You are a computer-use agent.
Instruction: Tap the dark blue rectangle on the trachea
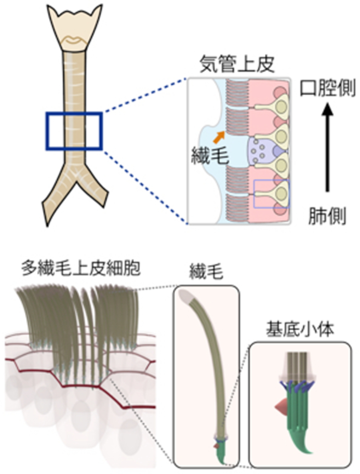tap(74, 131)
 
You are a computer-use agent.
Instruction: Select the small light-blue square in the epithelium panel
tap(271, 194)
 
